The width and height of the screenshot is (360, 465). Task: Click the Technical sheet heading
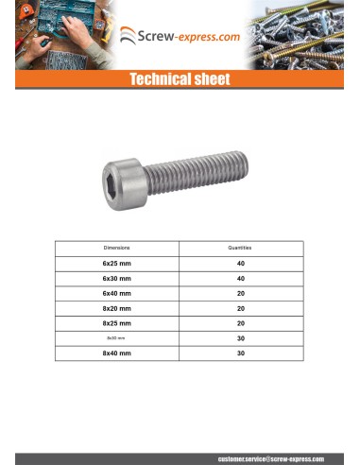pos(180,80)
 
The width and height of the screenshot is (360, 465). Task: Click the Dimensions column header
pos(117,248)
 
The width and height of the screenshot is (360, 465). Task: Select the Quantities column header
pos(240,248)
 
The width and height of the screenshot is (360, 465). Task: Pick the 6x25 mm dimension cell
pos(117,264)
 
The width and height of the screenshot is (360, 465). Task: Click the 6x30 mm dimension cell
pos(117,279)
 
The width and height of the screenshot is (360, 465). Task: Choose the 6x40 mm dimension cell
pos(117,294)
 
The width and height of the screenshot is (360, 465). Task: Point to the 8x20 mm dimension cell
pos(117,308)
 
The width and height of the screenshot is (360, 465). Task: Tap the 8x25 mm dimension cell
pos(117,323)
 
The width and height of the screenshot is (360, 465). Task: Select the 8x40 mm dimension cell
pos(117,353)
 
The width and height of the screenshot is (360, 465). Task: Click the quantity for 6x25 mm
pos(240,264)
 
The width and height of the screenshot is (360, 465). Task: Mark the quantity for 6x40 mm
pos(240,294)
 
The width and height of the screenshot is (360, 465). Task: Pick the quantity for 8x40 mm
pos(240,353)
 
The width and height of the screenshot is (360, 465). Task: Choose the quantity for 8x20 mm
pos(240,308)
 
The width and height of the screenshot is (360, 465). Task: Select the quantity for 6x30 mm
pos(240,279)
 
